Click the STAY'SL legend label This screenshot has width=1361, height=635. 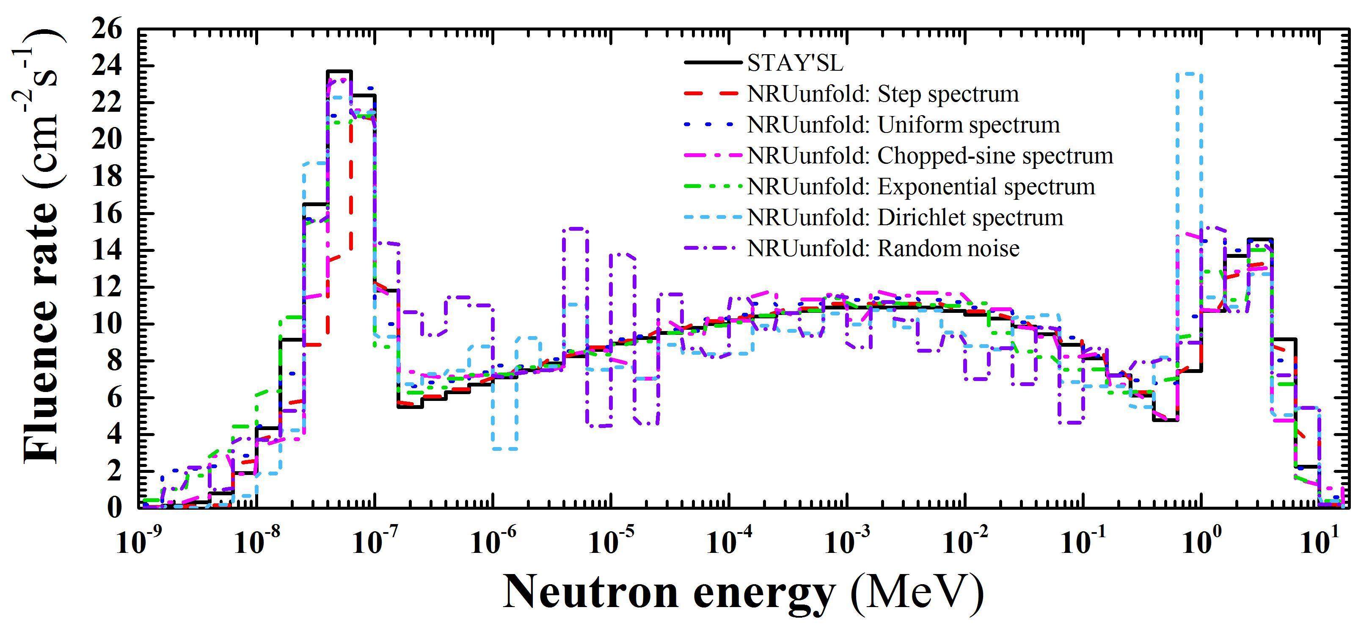[796, 63]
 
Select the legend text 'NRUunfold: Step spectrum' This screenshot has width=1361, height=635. [883, 94]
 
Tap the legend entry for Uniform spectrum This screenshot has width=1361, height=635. [904, 125]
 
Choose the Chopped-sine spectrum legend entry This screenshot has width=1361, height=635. [930, 155]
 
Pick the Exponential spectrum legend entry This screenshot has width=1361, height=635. [921, 186]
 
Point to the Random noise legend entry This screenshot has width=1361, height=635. [883, 248]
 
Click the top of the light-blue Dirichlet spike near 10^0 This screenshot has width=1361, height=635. [1189, 74]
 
